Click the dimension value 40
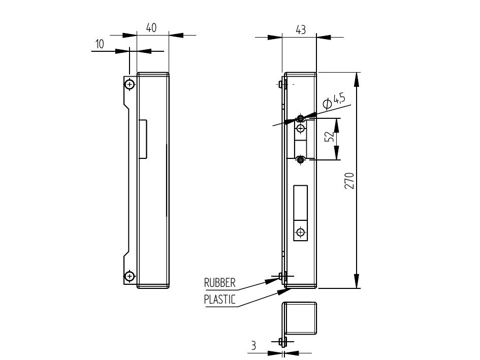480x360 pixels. coord(151,28)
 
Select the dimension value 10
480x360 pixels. coord(100,44)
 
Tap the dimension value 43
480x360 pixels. coord(301,30)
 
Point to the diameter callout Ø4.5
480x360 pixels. coord(334,100)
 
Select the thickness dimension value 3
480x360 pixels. coord(253,346)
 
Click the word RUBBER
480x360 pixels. coord(219,283)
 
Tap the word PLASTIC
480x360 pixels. coord(219,299)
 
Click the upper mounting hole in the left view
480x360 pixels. coord(130,84)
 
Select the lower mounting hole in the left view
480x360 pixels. coord(130,276)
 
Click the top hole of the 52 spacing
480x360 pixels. coord(301,118)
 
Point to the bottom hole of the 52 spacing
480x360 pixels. coord(301,160)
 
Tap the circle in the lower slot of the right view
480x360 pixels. coord(301,232)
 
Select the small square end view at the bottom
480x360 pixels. coord(300,319)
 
